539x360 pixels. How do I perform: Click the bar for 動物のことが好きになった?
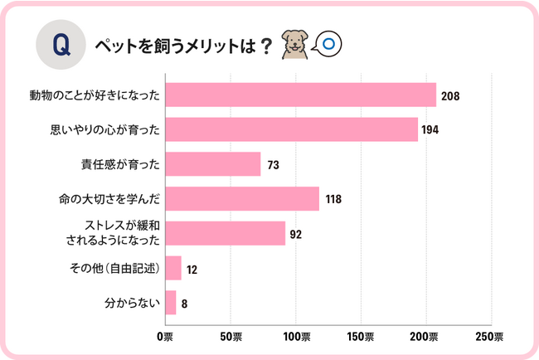pos(300,95)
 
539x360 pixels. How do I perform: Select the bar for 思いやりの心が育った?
pos(291,130)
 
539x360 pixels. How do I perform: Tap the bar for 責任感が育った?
pos(213,164)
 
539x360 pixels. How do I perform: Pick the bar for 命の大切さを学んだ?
pos(242,199)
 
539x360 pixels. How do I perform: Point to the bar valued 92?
pos(225,234)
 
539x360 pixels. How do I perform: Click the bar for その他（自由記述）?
pos(173,268)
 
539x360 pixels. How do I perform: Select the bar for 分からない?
pos(171,303)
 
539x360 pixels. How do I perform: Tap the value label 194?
pos(430,130)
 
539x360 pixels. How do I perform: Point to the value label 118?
pos(333,200)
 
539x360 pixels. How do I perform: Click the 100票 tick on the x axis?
pos(296,337)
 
